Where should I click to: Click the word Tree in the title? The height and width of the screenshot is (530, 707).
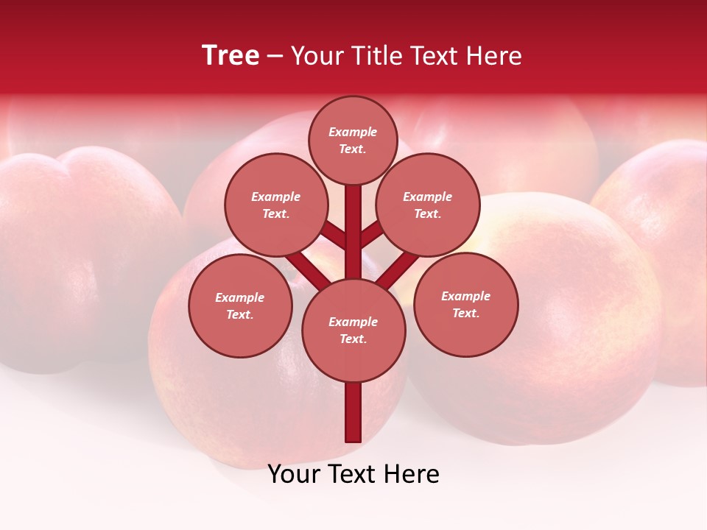231,56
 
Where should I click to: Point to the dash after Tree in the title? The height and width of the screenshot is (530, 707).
275,57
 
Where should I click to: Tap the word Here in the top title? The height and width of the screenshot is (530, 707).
493,56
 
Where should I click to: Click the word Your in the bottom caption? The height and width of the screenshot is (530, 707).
295,474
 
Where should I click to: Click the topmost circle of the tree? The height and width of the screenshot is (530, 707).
353,140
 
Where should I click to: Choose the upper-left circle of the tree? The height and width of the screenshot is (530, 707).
275,205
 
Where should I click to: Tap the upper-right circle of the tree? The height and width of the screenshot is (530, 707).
427,205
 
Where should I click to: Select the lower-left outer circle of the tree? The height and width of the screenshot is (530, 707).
240,305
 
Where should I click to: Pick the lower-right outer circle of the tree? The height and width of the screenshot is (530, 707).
465,304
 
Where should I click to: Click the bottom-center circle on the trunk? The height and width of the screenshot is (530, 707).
353,330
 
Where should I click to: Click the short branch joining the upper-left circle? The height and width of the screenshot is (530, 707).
334,236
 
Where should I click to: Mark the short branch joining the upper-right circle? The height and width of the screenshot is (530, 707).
371,236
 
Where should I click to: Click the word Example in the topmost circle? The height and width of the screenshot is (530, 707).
353,132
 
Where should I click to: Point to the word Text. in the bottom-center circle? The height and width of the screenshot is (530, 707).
353,339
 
